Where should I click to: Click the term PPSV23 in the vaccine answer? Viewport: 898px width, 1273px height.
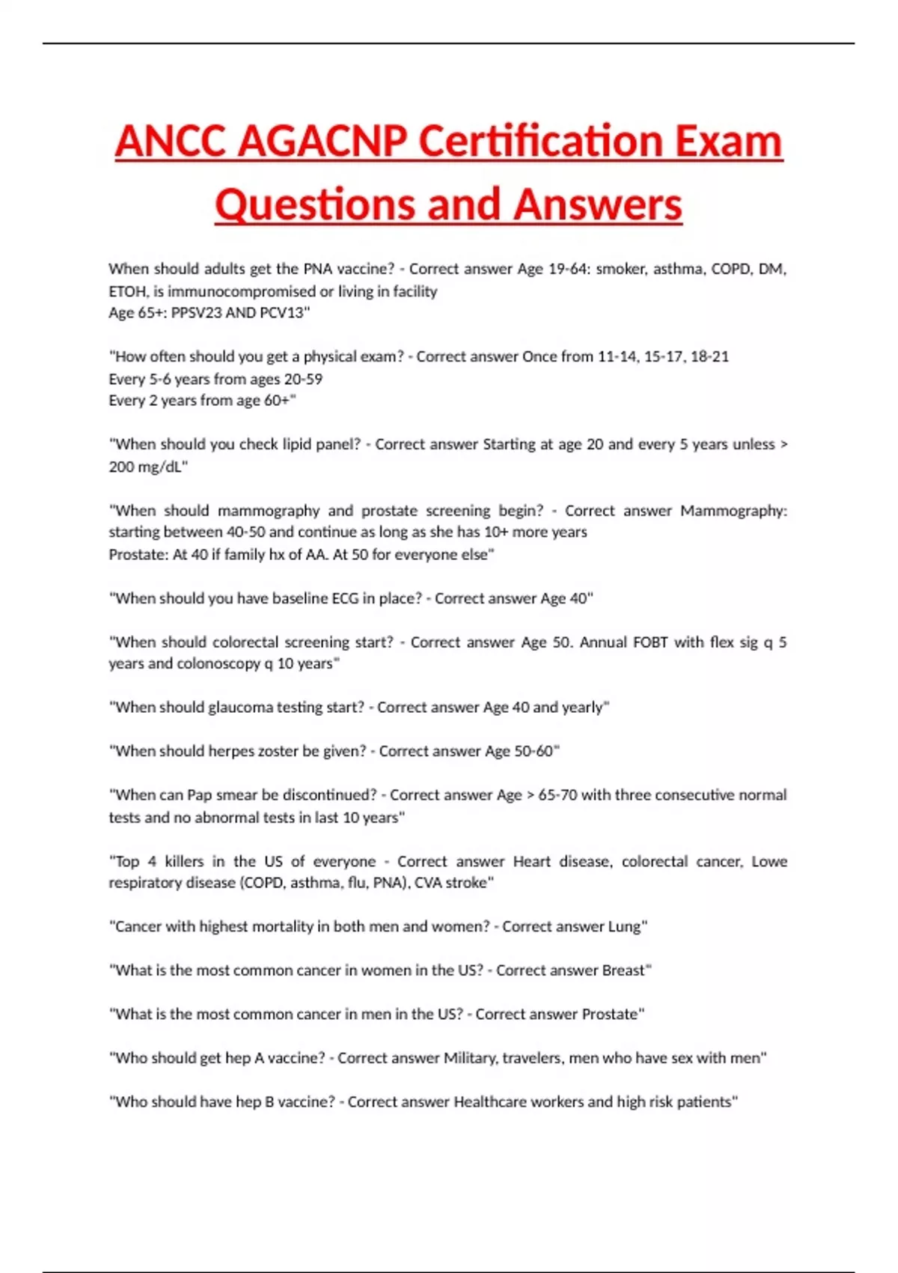pos(195,313)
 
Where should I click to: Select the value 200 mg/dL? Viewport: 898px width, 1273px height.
pos(147,467)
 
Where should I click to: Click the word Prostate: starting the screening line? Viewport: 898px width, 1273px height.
pos(138,555)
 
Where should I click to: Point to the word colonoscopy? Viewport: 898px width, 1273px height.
pos(219,664)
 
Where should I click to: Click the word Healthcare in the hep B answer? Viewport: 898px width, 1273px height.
pos(489,1102)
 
